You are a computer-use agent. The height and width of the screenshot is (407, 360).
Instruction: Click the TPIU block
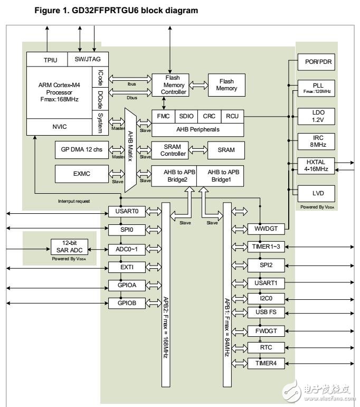point(47,60)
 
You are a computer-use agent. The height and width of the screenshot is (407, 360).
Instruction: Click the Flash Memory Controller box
point(169,84)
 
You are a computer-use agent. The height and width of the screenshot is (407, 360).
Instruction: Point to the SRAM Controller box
point(169,150)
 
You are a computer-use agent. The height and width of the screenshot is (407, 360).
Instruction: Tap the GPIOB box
point(122,302)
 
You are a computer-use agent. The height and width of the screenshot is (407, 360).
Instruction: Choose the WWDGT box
point(266,229)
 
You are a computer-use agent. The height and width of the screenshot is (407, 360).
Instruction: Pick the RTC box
point(266,347)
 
